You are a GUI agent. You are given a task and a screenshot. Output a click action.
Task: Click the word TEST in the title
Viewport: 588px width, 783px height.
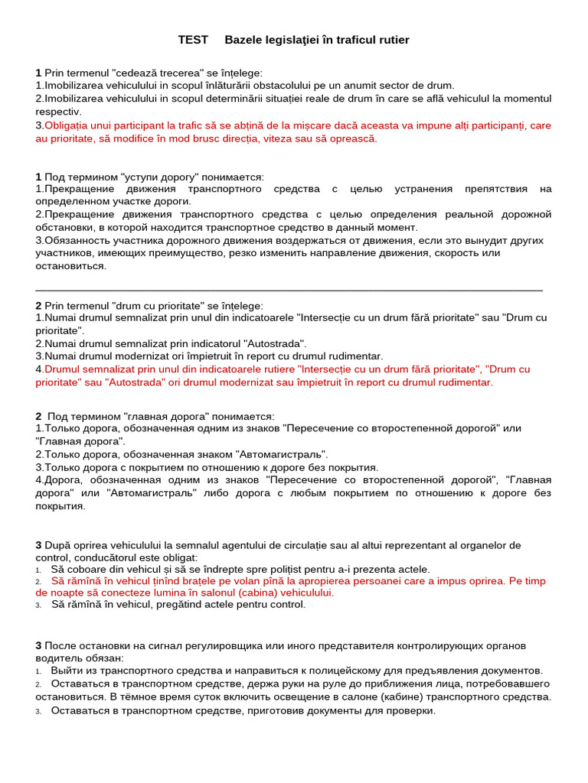click(193, 40)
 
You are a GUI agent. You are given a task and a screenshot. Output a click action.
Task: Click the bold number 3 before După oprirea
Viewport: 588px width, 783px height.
click(38, 545)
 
